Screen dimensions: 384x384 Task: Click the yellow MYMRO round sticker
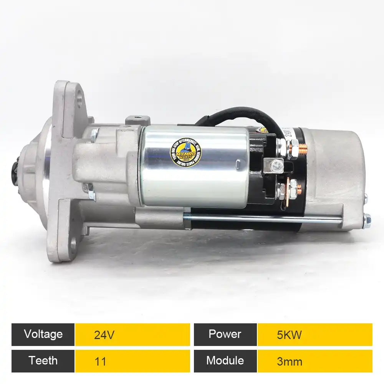coord(186,151)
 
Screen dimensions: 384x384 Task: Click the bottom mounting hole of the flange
coord(73,243)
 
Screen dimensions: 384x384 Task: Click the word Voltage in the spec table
coord(43,334)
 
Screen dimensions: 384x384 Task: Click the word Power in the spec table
coord(225,334)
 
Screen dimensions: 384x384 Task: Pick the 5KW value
coord(289,335)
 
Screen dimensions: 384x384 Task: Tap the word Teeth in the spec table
coord(43,361)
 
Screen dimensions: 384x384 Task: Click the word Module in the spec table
coord(225,361)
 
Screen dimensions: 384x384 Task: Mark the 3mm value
coord(289,361)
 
